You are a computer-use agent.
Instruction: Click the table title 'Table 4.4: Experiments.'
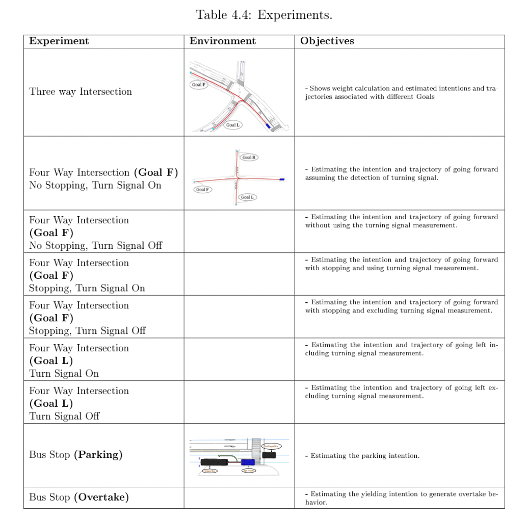pyautogui.click(x=264, y=15)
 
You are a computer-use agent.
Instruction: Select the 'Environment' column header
pyautogui.click(x=223, y=41)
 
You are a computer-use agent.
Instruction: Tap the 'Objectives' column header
pyautogui.click(x=327, y=41)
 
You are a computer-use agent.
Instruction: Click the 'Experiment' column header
pyautogui.click(x=59, y=41)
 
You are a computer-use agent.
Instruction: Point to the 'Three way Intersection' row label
pyautogui.click(x=81, y=92)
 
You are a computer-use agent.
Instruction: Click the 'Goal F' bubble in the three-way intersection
pyautogui.click(x=198, y=85)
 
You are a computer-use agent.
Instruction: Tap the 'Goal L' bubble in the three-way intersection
pyautogui.click(x=233, y=125)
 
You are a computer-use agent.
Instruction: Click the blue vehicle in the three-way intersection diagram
pyautogui.click(x=268, y=126)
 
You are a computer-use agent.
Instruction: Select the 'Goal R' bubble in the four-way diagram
pyautogui.click(x=249, y=157)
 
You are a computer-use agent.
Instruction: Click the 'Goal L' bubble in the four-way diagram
pyautogui.click(x=247, y=197)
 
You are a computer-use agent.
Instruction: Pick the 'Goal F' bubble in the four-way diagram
pyautogui.click(x=202, y=190)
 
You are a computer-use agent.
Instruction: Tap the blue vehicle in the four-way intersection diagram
pyautogui.click(x=282, y=179)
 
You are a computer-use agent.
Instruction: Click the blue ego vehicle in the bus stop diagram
pyautogui.click(x=248, y=462)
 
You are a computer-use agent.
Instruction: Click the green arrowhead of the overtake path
pyautogui.click(x=219, y=455)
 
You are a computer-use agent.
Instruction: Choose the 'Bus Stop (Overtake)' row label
pyautogui.click(x=78, y=497)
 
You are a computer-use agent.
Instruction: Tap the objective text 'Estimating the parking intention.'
pyautogui.click(x=365, y=456)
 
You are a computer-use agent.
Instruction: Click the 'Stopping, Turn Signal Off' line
pyautogui.click(x=87, y=331)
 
